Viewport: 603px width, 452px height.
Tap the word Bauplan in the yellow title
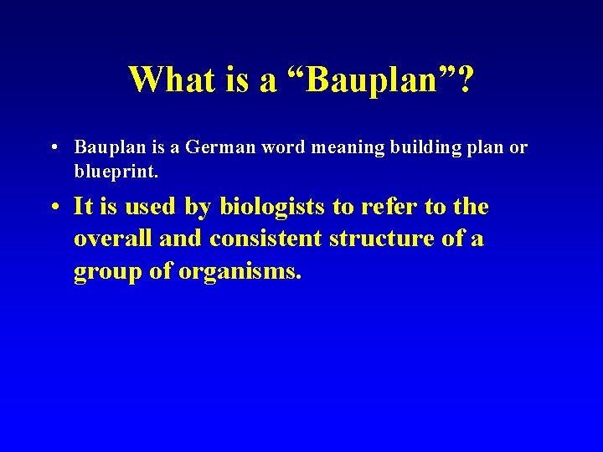pos(368,80)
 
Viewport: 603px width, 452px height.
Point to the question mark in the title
pos(463,80)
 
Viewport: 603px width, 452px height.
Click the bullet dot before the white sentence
pos(53,147)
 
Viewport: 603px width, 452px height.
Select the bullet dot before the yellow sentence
pos(53,207)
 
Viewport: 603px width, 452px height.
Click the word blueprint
pos(109,172)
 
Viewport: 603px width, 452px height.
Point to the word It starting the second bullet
pos(83,207)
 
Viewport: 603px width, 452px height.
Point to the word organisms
pos(240,273)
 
